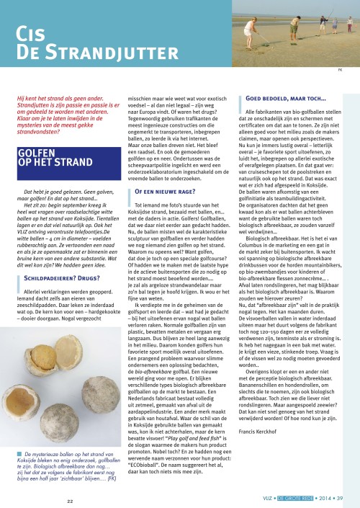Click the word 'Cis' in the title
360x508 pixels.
pos(32,35)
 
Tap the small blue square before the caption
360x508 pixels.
pos(19,453)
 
